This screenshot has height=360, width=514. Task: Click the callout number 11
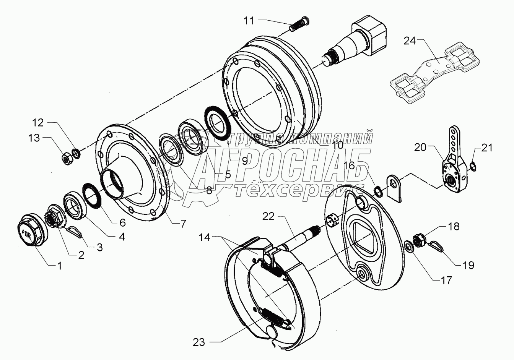(x=249, y=21)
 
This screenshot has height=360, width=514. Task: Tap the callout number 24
(x=410, y=41)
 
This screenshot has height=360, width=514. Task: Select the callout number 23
(x=199, y=342)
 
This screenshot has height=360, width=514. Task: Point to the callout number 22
(x=268, y=216)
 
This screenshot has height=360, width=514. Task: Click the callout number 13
(x=34, y=138)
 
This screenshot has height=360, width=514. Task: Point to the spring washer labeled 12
(x=76, y=153)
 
